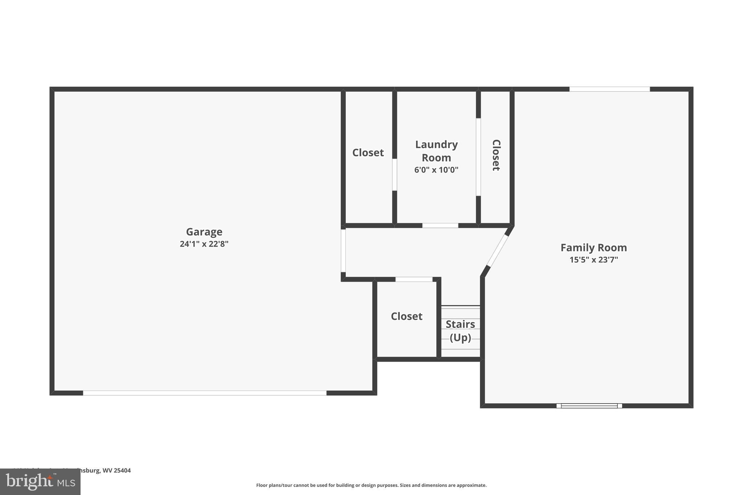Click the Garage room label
pos(204,232)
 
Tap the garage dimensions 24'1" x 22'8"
pos(204,244)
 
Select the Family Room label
pos(594,248)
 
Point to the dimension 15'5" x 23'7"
pos(594,260)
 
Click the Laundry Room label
pos(436,151)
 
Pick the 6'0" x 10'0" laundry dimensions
pos(436,170)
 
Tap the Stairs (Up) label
pos(460,331)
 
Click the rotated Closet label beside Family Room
pos(496,155)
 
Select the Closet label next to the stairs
pos(406,316)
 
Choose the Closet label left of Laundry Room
pos(368,153)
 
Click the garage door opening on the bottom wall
pos(205,393)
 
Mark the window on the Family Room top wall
pos(609,89)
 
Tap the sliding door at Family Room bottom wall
pos(589,406)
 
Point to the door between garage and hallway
pos(343,251)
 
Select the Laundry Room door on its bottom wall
pos(440,226)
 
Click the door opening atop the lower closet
pos(414,279)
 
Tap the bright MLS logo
pos(40,482)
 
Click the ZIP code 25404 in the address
pos(122,470)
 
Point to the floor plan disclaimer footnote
pos(371,485)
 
